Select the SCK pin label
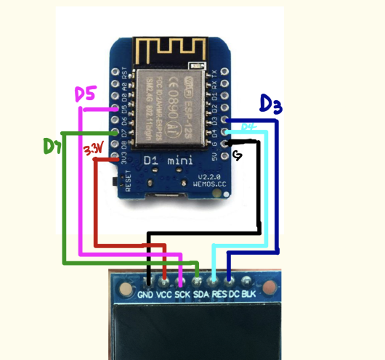pos(182,295)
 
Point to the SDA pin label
pos(201,295)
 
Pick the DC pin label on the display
pos(234,295)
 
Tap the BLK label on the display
pos(248,295)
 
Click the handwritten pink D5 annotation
pos(86,94)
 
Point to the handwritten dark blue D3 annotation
pos(270,106)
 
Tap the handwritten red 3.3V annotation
pos(92,150)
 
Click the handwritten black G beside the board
pos(237,156)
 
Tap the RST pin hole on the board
pos(121,73)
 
